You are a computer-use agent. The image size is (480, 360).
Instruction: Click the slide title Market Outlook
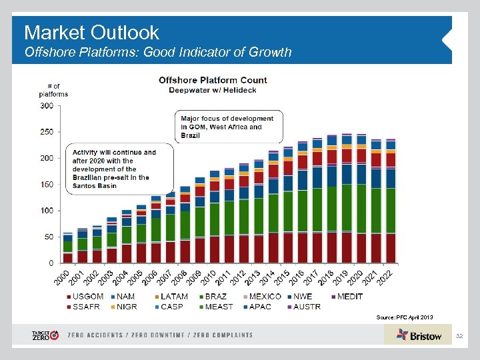tap(91, 32)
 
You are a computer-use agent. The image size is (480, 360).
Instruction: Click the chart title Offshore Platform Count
tap(213, 80)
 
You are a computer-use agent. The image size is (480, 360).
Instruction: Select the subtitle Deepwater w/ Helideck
tap(213, 90)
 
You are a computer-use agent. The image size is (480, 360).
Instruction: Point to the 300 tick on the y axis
tap(47, 105)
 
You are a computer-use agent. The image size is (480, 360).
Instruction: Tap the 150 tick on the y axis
tap(47, 185)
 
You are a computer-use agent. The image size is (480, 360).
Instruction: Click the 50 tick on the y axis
tap(49, 237)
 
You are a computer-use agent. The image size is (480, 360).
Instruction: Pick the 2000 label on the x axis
tap(63, 275)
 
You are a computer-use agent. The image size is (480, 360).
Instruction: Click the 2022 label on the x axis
tap(385, 275)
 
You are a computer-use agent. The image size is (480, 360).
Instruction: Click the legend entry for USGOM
tap(85, 297)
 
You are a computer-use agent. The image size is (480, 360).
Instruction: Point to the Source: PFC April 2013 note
tap(405, 317)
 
